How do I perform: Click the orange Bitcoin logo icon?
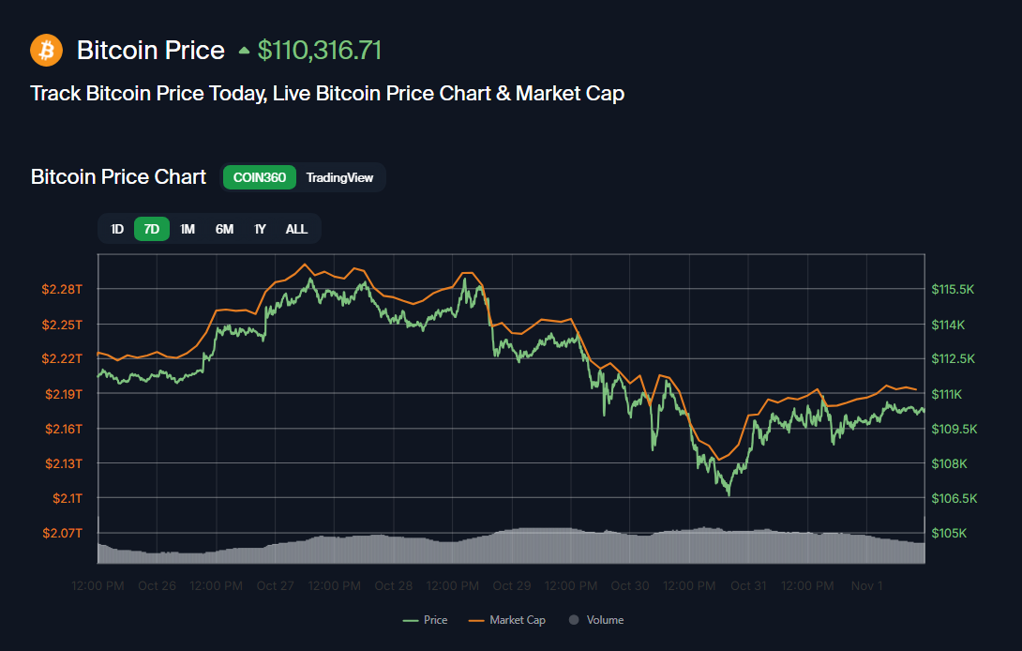[46, 50]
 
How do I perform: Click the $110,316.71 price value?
[319, 50]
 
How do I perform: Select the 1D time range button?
[117, 229]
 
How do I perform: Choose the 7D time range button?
[152, 229]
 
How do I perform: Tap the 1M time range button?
[188, 229]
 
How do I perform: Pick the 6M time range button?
[224, 229]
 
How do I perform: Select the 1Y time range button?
[260, 229]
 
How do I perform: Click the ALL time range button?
[296, 229]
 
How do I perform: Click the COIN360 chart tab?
[260, 177]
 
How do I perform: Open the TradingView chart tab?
[339, 177]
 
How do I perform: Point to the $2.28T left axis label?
[63, 289]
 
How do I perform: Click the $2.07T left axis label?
[63, 533]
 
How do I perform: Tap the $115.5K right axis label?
[953, 289]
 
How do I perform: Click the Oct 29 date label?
[512, 586]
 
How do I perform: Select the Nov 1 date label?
[866, 586]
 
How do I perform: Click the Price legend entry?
[426, 620]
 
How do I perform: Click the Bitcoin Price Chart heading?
[118, 177]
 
